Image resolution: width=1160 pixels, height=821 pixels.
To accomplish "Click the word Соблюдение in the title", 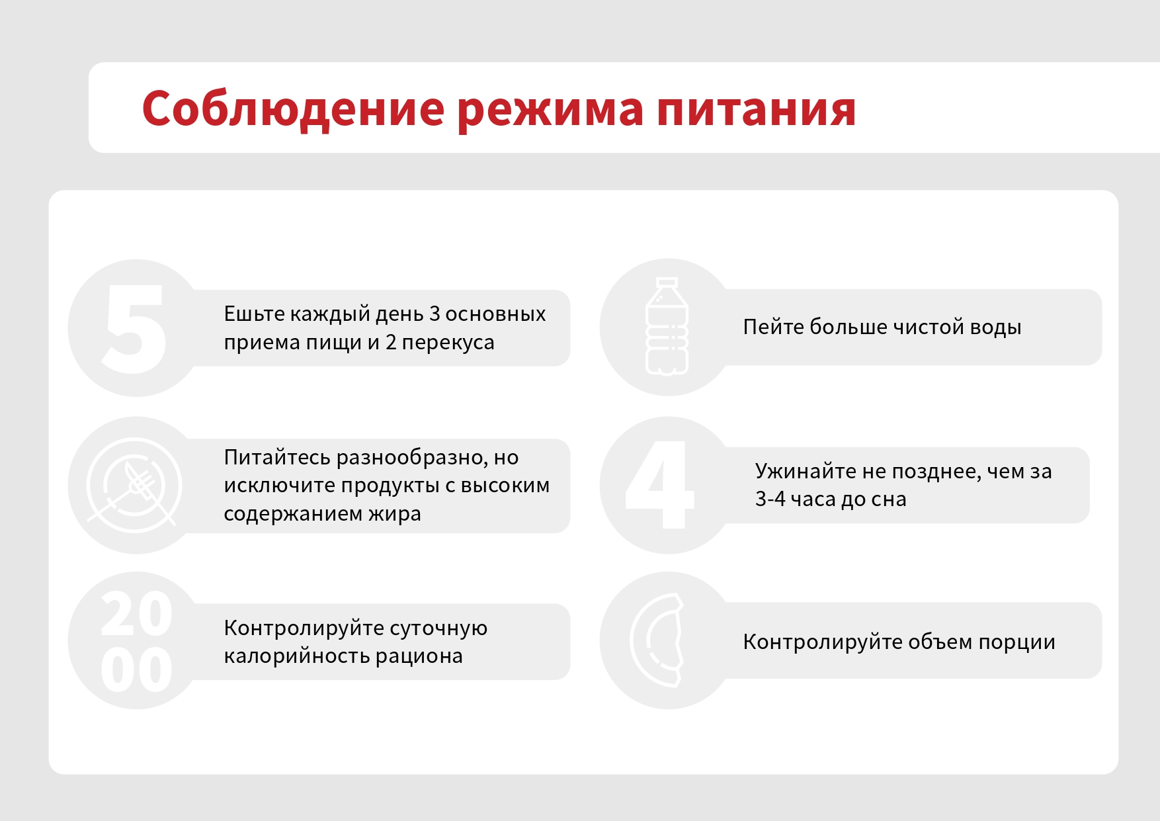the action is [x=293, y=109].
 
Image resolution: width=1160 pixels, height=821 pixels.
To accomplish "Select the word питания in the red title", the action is [x=757, y=110].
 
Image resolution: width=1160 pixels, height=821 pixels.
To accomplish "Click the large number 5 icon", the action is [x=134, y=328].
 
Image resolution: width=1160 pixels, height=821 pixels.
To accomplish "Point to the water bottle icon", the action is [x=667, y=326].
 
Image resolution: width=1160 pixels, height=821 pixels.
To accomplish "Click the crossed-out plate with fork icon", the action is [x=134, y=485].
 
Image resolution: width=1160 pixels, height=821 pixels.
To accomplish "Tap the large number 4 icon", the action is [x=659, y=485].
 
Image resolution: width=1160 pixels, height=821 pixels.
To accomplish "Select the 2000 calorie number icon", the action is [x=137, y=641].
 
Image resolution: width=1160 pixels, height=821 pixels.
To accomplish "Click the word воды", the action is [x=995, y=327].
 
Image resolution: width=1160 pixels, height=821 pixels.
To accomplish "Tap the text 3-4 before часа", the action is [x=770, y=499].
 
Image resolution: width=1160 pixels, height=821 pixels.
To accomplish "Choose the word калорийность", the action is [x=296, y=656].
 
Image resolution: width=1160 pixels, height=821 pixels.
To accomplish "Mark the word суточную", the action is [x=438, y=628].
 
